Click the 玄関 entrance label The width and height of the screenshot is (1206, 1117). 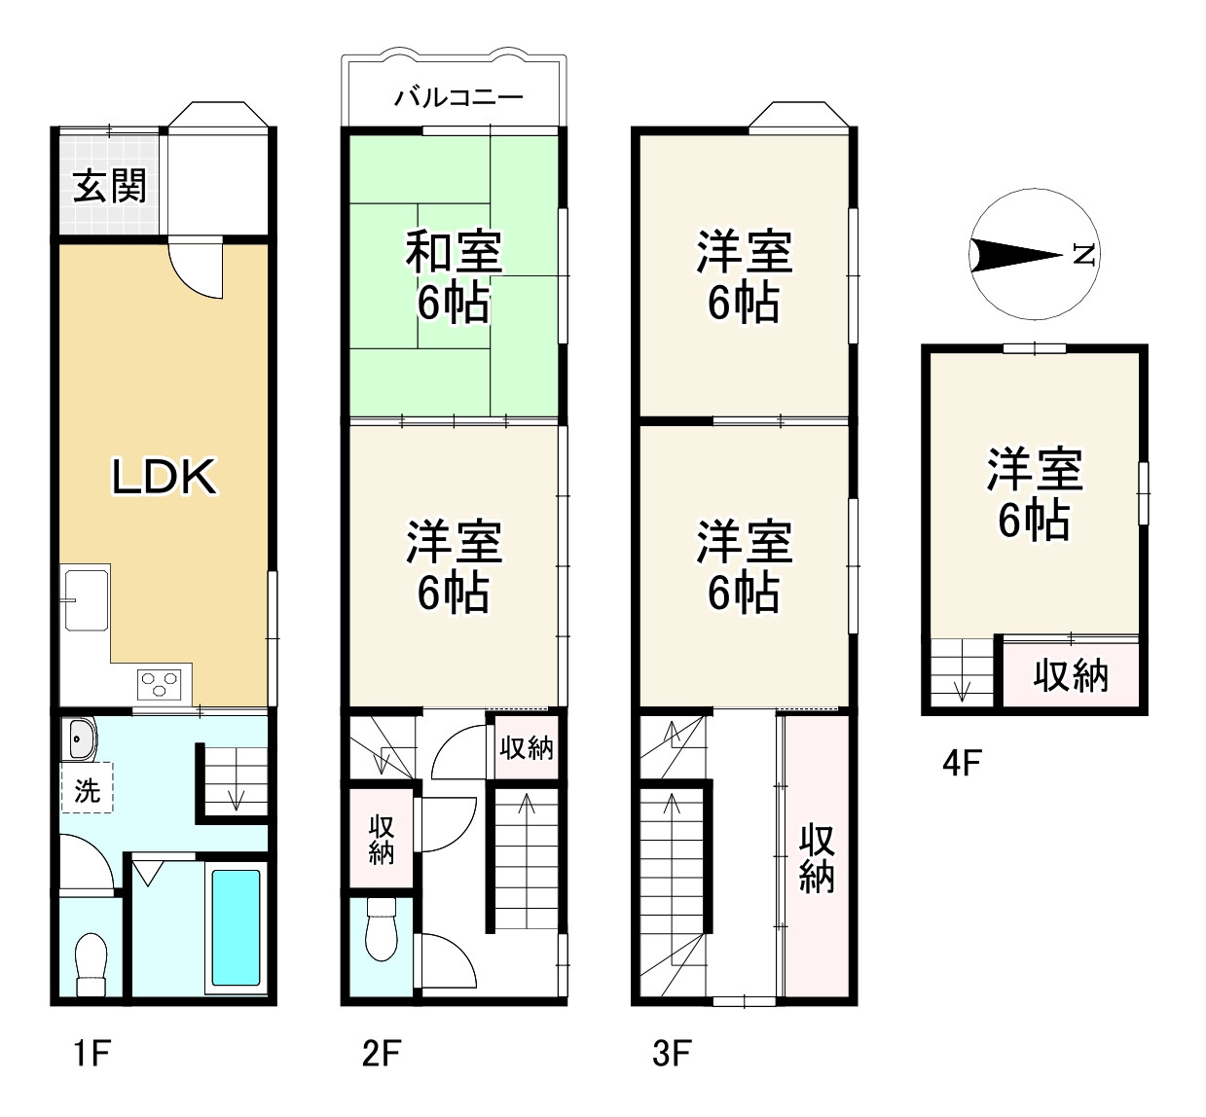pyautogui.click(x=109, y=185)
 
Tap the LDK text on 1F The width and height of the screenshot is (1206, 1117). pyautogui.click(x=164, y=477)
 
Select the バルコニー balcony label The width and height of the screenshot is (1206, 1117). pyautogui.click(x=458, y=97)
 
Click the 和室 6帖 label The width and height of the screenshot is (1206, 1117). pyautogui.click(x=454, y=276)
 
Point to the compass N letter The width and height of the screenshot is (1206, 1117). pyautogui.click(x=1083, y=255)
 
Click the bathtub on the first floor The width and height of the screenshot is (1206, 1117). pyautogui.click(x=236, y=927)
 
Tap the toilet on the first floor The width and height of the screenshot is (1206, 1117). pyautogui.click(x=91, y=963)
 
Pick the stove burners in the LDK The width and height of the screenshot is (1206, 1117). pyautogui.click(x=159, y=684)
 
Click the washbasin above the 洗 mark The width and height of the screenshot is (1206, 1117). pyautogui.click(x=80, y=739)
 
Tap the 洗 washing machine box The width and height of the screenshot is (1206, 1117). pyautogui.click(x=88, y=789)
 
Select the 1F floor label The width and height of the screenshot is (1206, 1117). pyautogui.click(x=91, y=1053)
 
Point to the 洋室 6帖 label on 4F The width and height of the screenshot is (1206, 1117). pyautogui.click(x=1034, y=494)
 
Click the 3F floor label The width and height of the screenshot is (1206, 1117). pyautogui.click(x=672, y=1053)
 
